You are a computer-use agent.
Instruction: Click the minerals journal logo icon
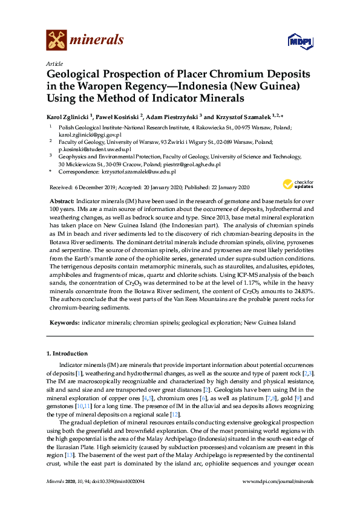(x=56, y=40)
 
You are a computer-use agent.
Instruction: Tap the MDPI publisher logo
(x=295, y=41)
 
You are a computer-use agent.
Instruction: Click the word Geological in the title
(x=76, y=74)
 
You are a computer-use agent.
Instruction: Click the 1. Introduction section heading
(x=67, y=353)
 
